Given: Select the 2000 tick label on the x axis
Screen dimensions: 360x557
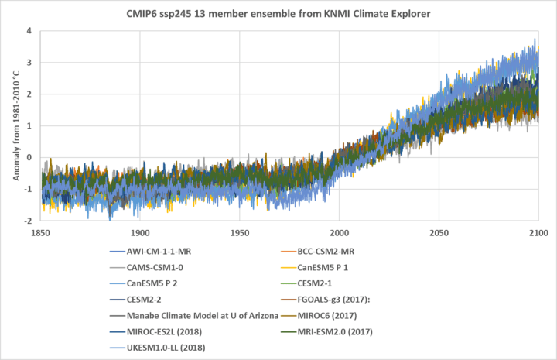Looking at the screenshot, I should pyautogui.click(x=339, y=233).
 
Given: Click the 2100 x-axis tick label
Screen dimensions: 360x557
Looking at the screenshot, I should pyautogui.click(x=538, y=233).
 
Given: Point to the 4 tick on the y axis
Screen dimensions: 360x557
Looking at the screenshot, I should pyautogui.click(x=28, y=31).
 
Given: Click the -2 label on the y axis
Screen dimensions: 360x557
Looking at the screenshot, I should pyautogui.click(x=26, y=221).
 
